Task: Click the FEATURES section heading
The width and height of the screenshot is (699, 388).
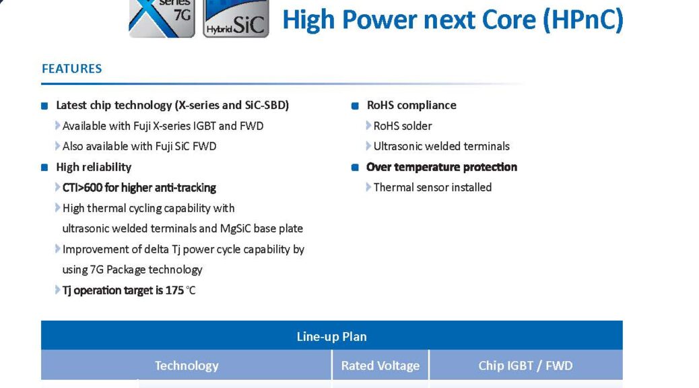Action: [x=72, y=69]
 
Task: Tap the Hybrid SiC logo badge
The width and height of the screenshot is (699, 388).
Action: [x=236, y=19]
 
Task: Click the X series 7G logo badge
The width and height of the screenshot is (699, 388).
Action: [x=162, y=19]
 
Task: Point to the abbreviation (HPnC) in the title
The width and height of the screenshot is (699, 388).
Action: [x=583, y=20]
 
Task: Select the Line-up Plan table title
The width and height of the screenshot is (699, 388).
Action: [x=332, y=336]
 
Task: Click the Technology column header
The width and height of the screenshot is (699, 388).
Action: [x=187, y=366]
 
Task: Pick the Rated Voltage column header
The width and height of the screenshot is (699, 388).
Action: [x=380, y=366]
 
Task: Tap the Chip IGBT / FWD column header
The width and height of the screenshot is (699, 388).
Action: [x=525, y=366]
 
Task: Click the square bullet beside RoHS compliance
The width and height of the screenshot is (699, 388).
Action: [x=356, y=106]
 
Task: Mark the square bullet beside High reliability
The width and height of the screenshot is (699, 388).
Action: [x=44, y=168]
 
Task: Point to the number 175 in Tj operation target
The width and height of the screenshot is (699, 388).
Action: [x=174, y=290]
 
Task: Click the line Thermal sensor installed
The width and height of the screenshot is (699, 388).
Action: [x=432, y=187]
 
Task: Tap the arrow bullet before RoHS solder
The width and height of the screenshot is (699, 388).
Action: [x=368, y=126]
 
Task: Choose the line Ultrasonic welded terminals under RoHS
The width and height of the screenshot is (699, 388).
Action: [x=441, y=146]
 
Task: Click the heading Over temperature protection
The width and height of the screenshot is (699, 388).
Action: [x=442, y=167]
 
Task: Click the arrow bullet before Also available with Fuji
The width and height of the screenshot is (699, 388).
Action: [x=57, y=146]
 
